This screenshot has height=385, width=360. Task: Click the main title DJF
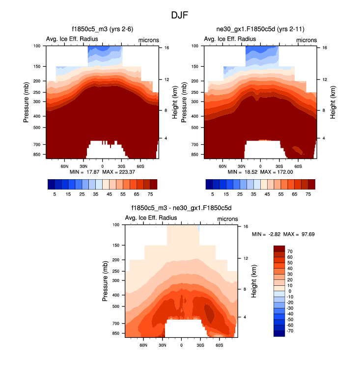coord(179,15)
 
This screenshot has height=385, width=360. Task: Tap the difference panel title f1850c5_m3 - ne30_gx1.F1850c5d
coord(182,208)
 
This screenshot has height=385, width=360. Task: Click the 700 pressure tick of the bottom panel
coord(116,324)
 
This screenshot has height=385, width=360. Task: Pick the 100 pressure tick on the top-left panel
coord(37,46)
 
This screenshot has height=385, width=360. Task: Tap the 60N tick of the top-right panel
coord(222,166)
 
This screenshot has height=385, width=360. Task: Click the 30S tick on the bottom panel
coord(200,345)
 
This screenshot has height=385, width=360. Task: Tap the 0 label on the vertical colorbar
coord(290,291)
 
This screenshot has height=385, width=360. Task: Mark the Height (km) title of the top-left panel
coord(174,102)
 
